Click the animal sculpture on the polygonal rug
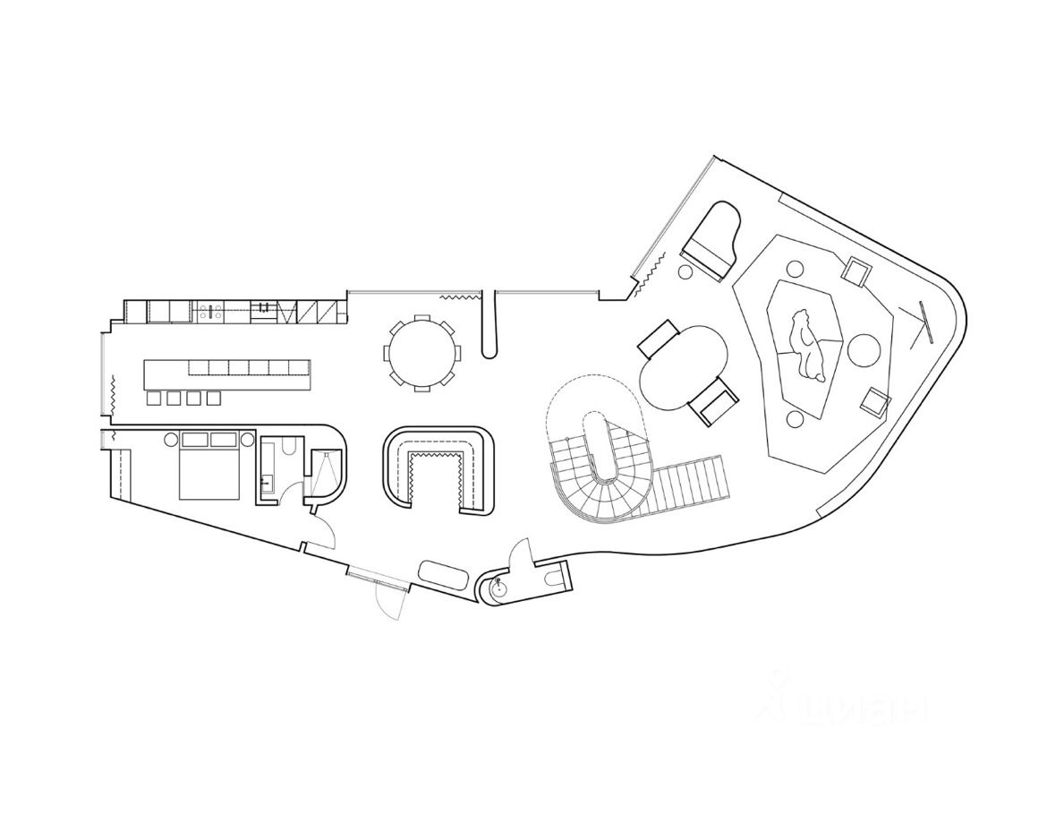tap(806, 344)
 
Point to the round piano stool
tap(685, 271)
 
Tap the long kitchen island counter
tap(227, 373)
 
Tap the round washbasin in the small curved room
tap(498, 587)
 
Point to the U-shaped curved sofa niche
tap(438, 471)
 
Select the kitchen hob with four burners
tap(212, 312)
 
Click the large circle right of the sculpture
tap(864, 348)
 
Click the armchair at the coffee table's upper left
tap(660, 339)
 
